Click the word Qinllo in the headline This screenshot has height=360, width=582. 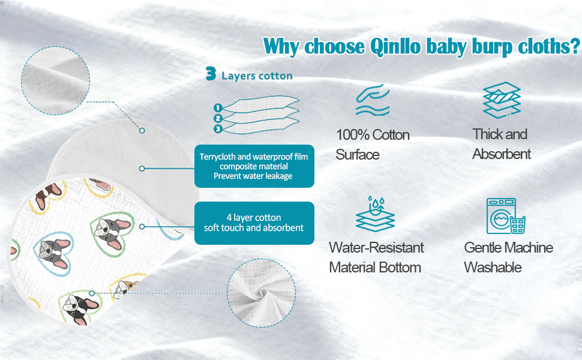click(x=395, y=47)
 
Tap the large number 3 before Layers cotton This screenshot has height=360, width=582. click(x=211, y=73)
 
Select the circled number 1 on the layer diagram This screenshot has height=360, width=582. click(x=218, y=108)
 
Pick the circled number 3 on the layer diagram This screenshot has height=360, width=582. click(x=218, y=129)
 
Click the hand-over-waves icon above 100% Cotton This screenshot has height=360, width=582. click(x=373, y=100)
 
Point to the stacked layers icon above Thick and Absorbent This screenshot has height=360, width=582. click(x=502, y=100)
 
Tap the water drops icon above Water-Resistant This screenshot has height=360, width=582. click(x=375, y=214)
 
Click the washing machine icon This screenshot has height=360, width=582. click(x=506, y=216)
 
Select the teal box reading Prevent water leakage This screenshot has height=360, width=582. click(x=254, y=166)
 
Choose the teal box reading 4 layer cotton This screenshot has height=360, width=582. click(x=254, y=223)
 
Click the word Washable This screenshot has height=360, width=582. click(x=493, y=267)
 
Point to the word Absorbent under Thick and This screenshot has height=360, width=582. click(x=502, y=154)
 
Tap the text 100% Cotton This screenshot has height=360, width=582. click(x=373, y=135)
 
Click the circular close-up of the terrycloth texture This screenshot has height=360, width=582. click(x=55, y=80)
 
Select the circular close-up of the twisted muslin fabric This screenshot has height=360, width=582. click(x=262, y=293)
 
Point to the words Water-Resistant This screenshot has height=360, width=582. click(x=376, y=248)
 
